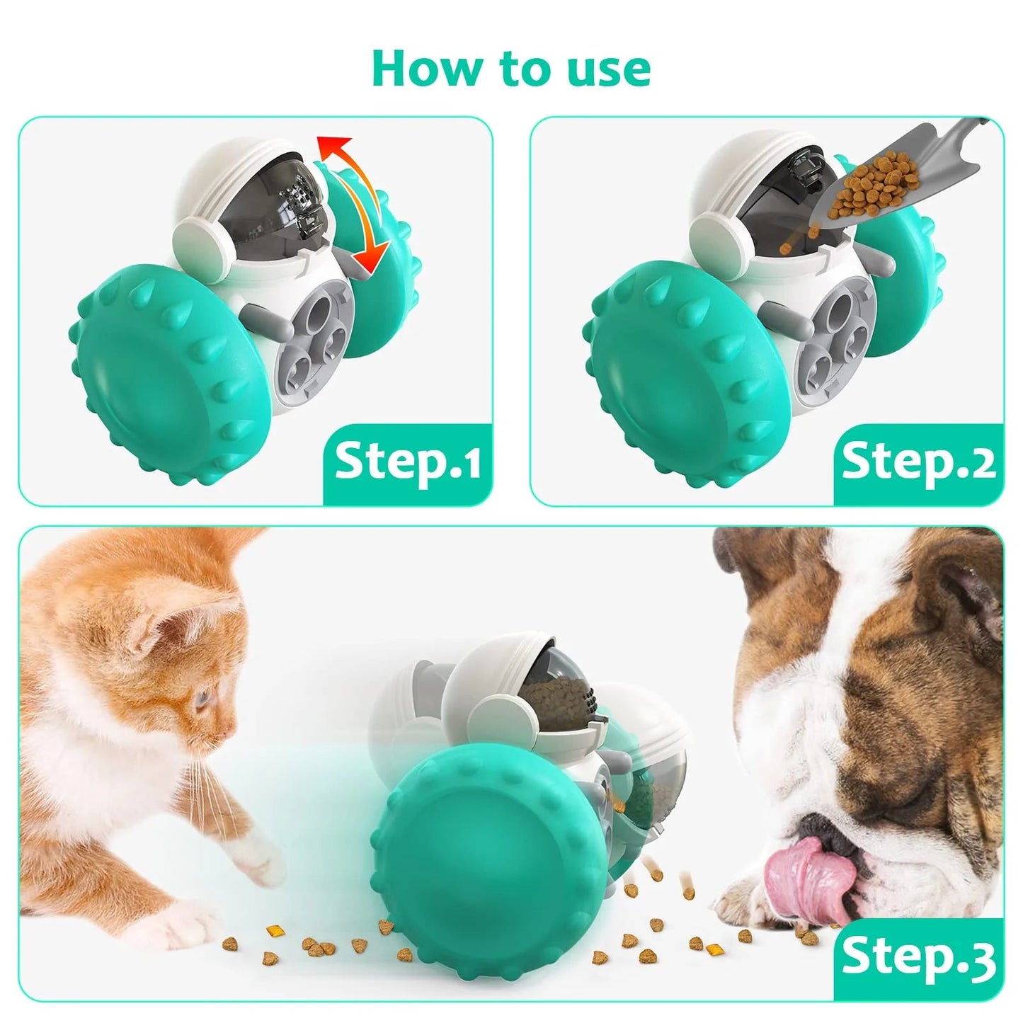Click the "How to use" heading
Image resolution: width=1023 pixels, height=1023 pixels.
(x=510, y=68)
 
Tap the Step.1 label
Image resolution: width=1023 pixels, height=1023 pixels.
(x=408, y=462)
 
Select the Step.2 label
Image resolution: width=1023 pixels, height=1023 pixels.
(x=918, y=462)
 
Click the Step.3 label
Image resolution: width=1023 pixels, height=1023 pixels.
(x=918, y=957)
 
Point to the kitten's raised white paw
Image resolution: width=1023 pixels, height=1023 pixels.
(x=258, y=860)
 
